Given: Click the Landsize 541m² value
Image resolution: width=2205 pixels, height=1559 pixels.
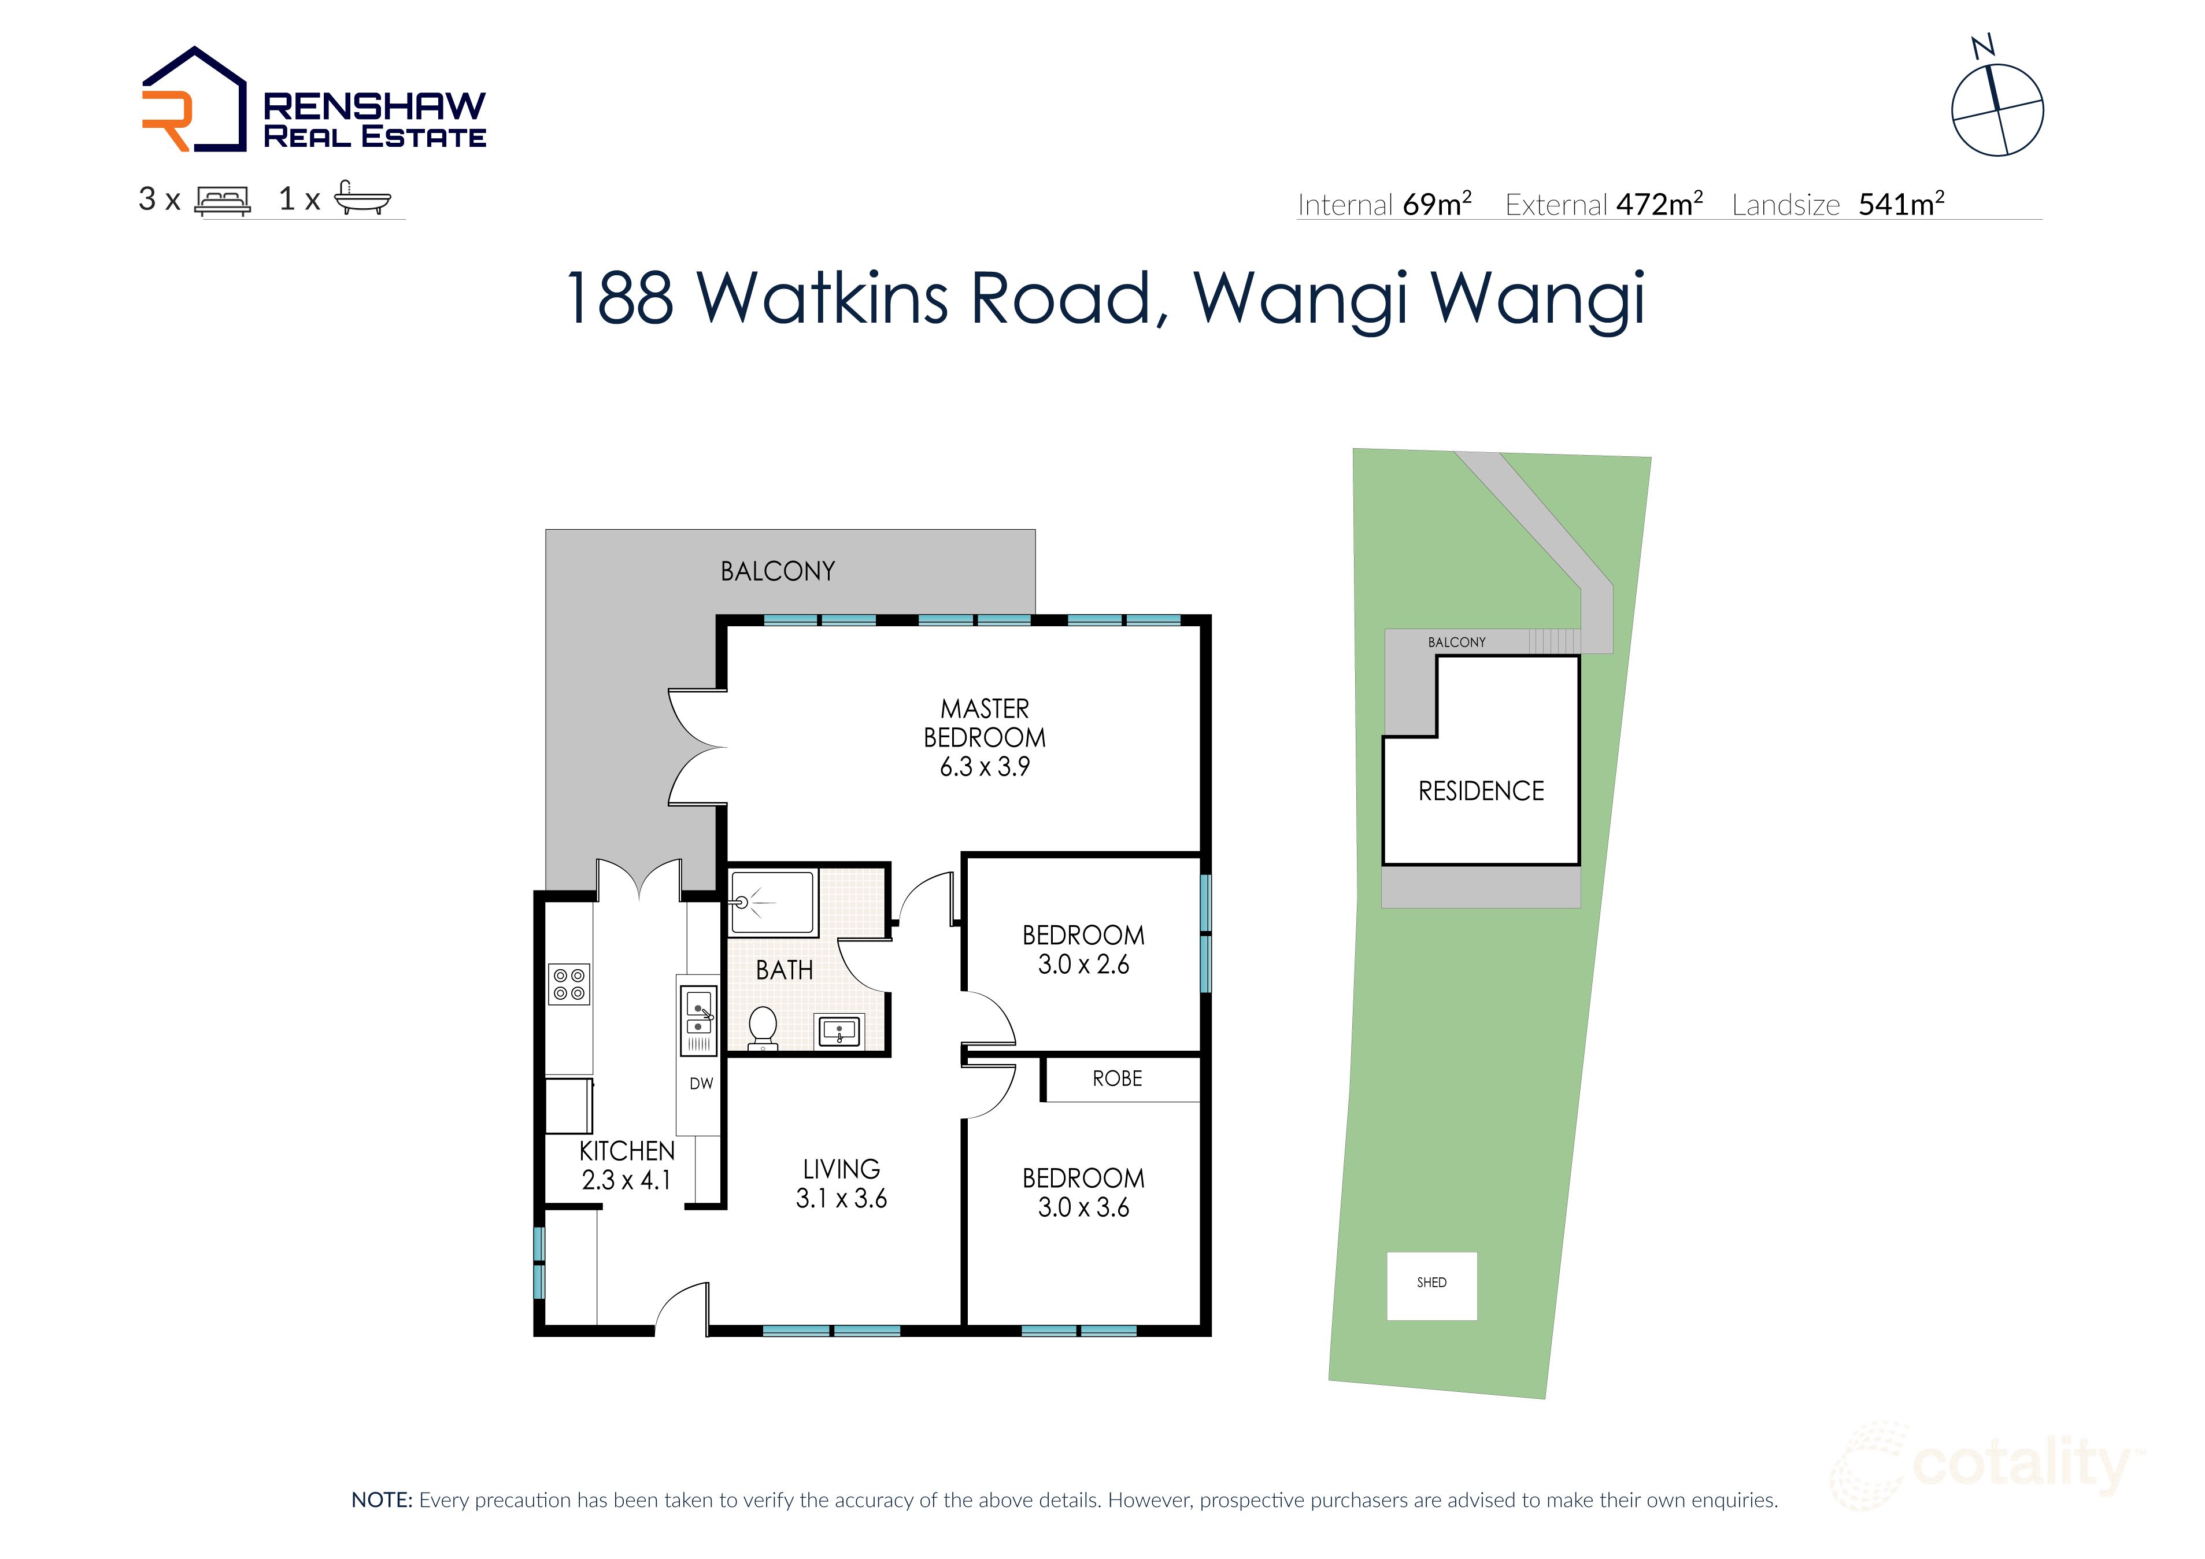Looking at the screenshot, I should point(1900,204).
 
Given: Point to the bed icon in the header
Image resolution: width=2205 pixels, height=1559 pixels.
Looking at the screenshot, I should point(222,200).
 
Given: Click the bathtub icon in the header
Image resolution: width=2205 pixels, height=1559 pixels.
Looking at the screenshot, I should point(362,199).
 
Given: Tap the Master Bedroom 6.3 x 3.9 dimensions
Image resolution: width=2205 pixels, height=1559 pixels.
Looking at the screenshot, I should point(985,767).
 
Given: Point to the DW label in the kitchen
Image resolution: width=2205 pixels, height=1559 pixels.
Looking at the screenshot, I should point(701,1084).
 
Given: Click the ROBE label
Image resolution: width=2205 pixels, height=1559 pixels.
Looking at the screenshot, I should point(1117,1078).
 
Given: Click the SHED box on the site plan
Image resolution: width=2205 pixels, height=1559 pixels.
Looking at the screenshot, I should point(1431,1285).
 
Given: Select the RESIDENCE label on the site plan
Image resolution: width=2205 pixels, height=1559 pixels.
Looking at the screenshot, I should point(1481,792).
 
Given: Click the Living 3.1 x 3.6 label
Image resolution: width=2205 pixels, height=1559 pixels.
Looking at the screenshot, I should point(841,1184).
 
